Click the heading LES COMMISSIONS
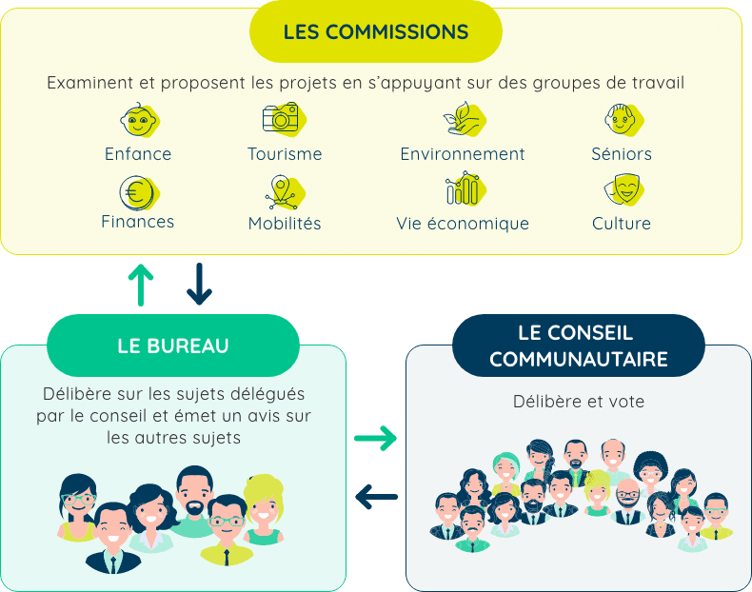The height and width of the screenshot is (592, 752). (376, 31)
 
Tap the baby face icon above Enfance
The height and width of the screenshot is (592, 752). (138, 120)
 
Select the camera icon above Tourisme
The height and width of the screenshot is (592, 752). (280, 118)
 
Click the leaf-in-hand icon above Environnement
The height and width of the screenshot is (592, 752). (462, 119)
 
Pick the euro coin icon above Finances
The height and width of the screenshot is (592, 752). (137, 192)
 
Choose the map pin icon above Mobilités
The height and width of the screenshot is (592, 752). (281, 192)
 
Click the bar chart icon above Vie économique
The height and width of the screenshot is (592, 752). (462, 189)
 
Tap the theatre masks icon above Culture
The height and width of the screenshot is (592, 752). (621, 191)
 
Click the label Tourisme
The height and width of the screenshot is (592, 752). (285, 154)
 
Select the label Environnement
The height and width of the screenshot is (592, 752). (463, 154)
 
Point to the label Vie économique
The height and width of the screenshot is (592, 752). (463, 224)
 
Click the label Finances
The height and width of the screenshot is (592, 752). (138, 222)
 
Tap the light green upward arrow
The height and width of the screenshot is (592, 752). (141, 284)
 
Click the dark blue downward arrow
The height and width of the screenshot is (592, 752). (199, 284)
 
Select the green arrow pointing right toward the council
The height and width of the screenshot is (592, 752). (376, 439)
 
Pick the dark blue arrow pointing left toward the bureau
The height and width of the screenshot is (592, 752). (376, 496)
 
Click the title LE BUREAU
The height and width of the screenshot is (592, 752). (173, 346)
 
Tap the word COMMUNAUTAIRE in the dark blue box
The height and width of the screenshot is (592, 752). (578, 360)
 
